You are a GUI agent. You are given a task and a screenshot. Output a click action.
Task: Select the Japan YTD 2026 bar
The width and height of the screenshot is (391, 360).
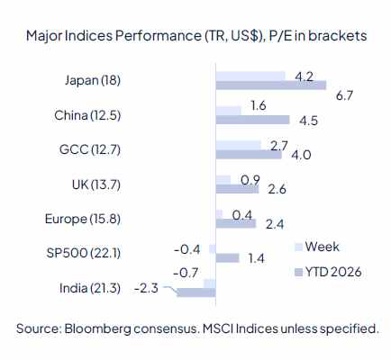[271, 85]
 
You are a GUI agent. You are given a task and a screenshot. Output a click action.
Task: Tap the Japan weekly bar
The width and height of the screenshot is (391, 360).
[250, 75]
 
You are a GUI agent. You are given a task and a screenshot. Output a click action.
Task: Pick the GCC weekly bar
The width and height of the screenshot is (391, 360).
[238, 144]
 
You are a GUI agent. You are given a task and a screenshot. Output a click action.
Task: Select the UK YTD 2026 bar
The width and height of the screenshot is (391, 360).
[237, 189]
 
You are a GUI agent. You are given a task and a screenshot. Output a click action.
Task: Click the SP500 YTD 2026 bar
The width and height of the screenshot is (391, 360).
[227, 257]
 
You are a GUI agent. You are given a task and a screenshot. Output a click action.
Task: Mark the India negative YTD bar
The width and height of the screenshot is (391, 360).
[196, 292]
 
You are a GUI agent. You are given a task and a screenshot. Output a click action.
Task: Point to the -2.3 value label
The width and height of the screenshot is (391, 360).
[146, 289]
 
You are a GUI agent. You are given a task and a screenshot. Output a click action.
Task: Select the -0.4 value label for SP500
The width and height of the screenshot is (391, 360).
[186, 247]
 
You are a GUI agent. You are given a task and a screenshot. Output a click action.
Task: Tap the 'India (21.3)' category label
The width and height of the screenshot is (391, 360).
[87, 288]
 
